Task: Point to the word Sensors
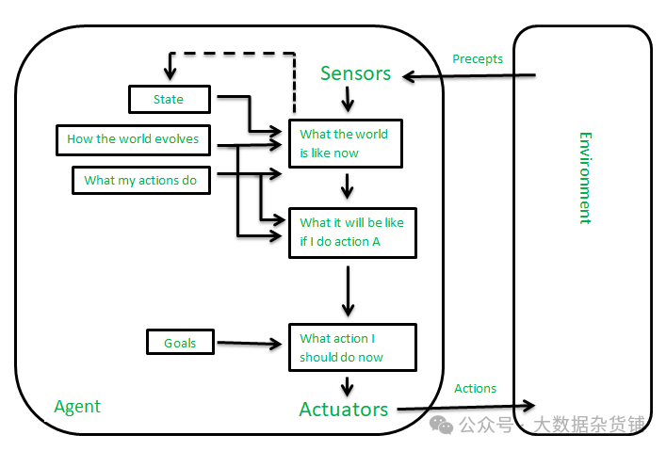[355, 73]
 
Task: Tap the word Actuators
[344, 410]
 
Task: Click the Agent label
[77, 407]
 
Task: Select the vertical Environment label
[585, 178]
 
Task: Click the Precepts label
[478, 58]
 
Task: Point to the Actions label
[476, 388]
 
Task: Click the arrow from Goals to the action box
[250, 343]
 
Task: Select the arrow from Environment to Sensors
[469, 76]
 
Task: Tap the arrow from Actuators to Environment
[466, 408]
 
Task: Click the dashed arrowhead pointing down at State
[170, 73]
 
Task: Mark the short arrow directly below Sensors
[348, 100]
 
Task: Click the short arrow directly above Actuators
[348, 386]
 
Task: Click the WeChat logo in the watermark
[441, 425]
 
